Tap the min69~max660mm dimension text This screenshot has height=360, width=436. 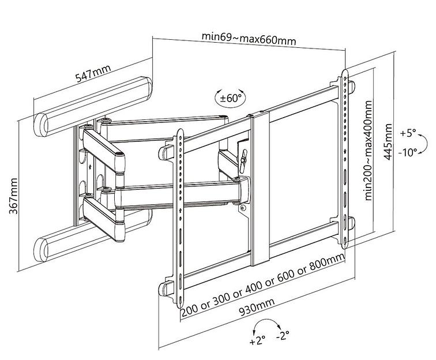point(249,39)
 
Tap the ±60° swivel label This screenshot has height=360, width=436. point(230,97)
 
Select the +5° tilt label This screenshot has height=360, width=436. point(407,133)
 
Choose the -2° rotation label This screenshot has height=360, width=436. point(282,334)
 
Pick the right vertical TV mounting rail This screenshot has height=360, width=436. point(345,156)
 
